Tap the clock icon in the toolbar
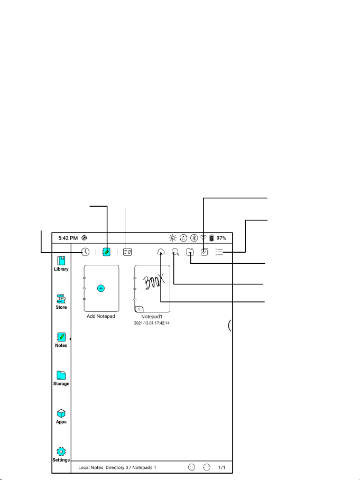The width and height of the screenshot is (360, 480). click(x=85, y=252)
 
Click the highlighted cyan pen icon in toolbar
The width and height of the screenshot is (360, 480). click(x=106, y=252)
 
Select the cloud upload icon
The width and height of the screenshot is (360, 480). click(x=161, y=252)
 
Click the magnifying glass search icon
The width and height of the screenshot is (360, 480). click(x=176, y=252)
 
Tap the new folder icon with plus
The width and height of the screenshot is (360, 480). click(x=190, y=252)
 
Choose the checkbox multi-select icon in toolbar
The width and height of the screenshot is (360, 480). click(x=205, y=252)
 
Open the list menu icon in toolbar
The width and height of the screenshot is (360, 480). click(x=219, y=252)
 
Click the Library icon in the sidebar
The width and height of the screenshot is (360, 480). click(x=61, y=261)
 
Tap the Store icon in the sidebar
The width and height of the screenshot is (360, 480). click(x=61, y=299)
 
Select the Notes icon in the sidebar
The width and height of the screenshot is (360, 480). click(x=61, y=337)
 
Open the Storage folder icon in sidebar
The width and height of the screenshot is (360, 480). click(x=61, y=375)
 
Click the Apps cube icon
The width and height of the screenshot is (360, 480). click(x=61, y=413)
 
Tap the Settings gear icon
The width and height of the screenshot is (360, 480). click(x=61, y=451)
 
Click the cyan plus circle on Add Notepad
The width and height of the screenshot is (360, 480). click(x=101, y=288)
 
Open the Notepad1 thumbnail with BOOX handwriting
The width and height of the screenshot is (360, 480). click(x=152, y=289)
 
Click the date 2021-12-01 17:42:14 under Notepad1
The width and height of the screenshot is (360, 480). click(x=152, y=323)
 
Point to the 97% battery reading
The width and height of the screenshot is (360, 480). click(x=221, y=238)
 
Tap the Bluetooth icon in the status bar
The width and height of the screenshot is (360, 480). click(x=194, y=238)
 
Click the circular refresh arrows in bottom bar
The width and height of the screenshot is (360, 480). click(x=207, y=467)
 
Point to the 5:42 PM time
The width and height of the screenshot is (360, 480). click(x=68, y=238)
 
